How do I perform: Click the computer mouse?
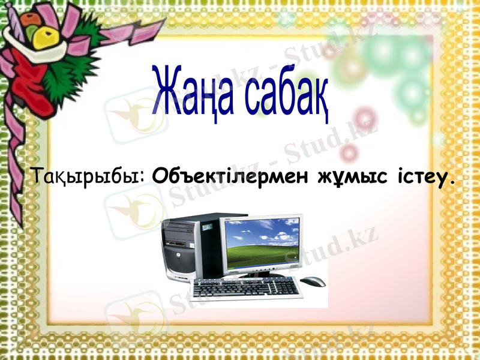point(313,281)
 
